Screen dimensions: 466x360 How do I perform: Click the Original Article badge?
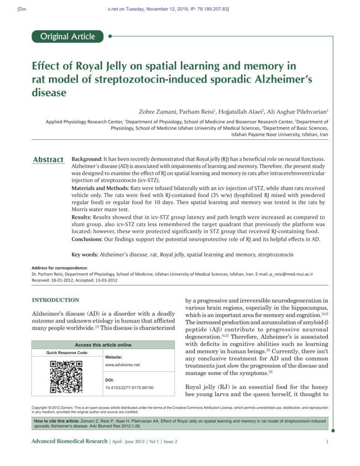tap(68, 36)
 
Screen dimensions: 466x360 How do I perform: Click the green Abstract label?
tap(48, 159)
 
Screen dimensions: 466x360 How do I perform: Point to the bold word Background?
tap(86, 159)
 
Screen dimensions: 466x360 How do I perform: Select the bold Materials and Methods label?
tap(100, 188)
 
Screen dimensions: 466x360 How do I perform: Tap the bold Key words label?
tap(85, 254)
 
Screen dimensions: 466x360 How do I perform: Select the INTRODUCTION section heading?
tap(55, 300)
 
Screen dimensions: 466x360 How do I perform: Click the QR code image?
tap(66, 376)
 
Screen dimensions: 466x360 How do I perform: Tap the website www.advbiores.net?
tap(122, 365)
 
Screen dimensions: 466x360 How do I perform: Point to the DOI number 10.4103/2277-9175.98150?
tap(129, 388)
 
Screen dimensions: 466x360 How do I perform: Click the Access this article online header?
tap(103, 345)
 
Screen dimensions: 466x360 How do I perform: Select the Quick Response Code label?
tap(67, 353)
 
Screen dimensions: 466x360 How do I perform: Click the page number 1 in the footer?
tap(327, 441)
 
